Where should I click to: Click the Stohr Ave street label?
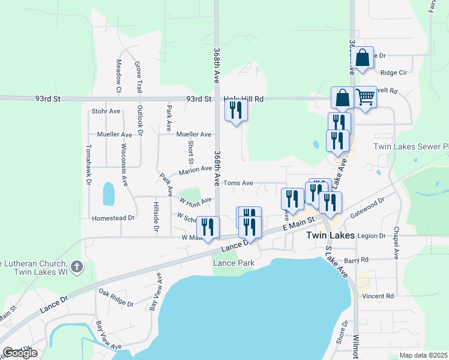[106, 111]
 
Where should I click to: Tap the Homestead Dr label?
[112, 218]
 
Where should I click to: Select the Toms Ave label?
[238, 183]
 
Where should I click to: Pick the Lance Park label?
[234, 263]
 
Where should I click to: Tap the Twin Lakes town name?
[330, 236]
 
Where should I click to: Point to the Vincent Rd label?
[377, 296]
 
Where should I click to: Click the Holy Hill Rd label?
[244, 99]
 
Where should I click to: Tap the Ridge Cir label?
[394, 73]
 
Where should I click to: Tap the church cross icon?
[76, 266]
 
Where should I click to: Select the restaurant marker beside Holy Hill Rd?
[236, 110]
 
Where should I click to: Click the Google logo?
[20, 353]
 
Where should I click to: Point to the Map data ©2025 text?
[423, 355]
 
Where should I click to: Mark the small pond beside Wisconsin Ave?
[109, 193]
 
